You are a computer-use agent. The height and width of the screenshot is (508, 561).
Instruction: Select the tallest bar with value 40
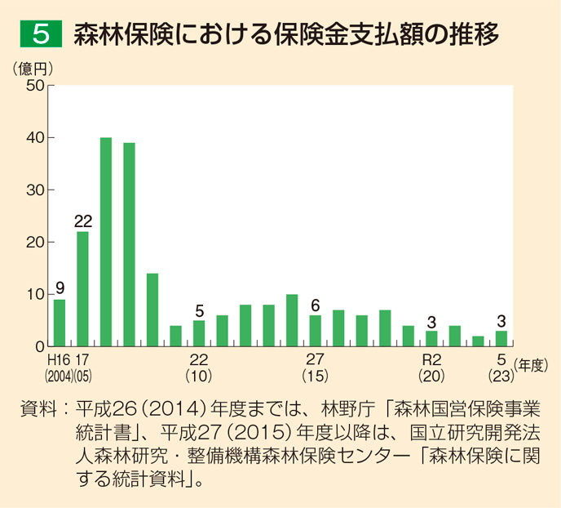tap(106, 242)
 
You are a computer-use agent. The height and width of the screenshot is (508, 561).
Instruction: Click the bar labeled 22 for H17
tap(82, 288)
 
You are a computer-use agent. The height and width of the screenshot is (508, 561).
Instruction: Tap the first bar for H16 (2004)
tap(60, 323)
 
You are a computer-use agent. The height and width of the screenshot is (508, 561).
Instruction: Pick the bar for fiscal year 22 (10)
tap(199, 333)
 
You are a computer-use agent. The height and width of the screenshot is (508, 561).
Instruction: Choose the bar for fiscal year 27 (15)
tap(315, 331)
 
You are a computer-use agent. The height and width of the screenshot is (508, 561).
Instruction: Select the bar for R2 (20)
tap(431, 338)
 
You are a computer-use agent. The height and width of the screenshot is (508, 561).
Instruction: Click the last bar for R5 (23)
tap(501, 338)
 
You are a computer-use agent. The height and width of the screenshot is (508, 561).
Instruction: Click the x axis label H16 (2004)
tap(59, 368)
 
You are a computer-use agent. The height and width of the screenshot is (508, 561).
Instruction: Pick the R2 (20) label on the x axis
tap(431, 368)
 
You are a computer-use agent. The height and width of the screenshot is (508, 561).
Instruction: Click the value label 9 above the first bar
tap(60, 288)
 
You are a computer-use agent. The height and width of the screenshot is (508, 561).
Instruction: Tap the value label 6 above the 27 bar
tap(315, 305)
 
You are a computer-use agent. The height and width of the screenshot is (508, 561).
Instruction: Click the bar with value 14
tap(152, 310)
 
